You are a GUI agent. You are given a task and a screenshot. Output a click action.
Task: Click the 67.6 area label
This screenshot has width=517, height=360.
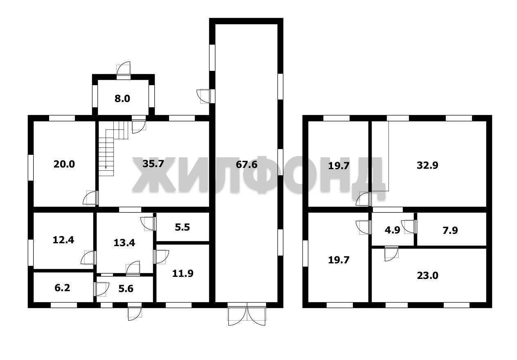246,165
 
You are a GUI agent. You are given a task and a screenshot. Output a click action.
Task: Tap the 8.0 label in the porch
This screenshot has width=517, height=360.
122,99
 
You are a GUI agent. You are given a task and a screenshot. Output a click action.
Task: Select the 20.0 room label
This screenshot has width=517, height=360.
64,164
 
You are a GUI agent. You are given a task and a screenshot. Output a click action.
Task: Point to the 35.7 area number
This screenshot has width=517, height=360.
153,164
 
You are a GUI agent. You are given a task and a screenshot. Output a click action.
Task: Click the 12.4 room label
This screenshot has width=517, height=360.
63,240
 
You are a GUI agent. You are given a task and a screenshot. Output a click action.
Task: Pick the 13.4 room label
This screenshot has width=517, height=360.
124,243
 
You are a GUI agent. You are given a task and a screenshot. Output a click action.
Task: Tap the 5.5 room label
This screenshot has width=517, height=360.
182,227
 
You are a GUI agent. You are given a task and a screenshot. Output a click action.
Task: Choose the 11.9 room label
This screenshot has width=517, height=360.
183,274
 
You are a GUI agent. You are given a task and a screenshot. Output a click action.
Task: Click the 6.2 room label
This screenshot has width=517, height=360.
62,288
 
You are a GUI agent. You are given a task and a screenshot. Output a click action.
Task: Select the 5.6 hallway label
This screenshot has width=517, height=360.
126,289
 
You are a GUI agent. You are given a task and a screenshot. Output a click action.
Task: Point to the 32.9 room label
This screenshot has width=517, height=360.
427,165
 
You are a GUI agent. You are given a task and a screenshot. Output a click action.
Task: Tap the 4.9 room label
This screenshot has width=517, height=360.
393,230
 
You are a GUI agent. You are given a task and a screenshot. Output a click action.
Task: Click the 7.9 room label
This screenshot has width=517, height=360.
450,230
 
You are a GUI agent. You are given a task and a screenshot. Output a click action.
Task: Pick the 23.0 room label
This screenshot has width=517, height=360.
428,276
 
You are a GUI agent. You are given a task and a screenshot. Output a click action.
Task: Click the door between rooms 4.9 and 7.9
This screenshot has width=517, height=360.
409,227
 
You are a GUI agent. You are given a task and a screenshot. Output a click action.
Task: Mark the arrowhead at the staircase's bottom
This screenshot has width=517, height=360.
106,168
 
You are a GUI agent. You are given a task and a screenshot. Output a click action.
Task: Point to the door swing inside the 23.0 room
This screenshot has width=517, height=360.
391,254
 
